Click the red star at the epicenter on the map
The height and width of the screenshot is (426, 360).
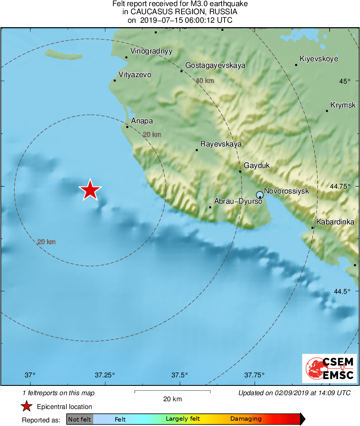(x=90, y=189)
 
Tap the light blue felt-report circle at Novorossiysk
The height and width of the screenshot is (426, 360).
(x=260, y=195)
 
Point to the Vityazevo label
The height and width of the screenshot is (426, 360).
(x=135, y=75)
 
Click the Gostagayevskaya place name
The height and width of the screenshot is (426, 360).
(x=215, y=65)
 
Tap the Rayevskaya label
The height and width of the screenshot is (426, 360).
(x=221, y=144)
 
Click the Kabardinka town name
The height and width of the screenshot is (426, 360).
(x=335, y=222)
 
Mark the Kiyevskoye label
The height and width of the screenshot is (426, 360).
(x=319, y=59)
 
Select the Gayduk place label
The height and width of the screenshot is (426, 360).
(x=257, y=166)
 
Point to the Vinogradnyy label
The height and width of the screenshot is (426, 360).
(x=151, y=51)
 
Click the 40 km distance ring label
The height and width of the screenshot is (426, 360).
(x=205, y=81)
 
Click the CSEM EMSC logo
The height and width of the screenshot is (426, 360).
(x=329, y=368)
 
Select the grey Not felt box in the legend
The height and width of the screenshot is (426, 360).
(x=79, y=419)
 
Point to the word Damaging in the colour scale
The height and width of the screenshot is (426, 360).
(x=246, y=419)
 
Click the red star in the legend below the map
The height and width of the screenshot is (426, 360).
(x=27, y=406)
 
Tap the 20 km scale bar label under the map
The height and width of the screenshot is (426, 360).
(x=172, y=399)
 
